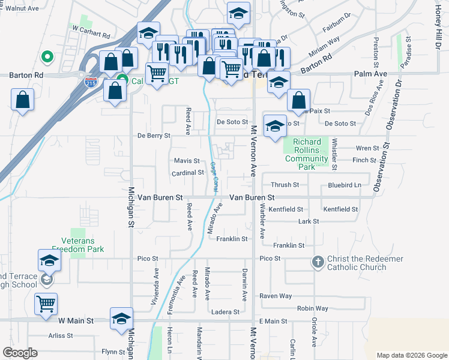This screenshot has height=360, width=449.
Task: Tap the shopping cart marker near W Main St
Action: pyautogui.click(x=46, y=304)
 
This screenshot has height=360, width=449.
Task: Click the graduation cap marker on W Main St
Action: pyautogui.click(x=121, y=319)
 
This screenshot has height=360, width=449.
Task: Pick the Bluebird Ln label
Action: pyautogui.click(x=345, y=185)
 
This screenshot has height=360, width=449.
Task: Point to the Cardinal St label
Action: pyautogui.click(x=188, y=173)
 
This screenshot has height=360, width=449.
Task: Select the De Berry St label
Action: pyautogui.click(x=154, y=136)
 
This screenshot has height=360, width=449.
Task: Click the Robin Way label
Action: pyautogui.click(x=313, y=308)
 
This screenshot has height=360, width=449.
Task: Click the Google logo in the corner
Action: pyautogui.click(x=20, y=352)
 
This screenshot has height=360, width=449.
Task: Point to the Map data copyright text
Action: pyautogui.click(x=412, y=355)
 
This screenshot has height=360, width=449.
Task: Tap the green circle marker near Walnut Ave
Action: pyautogui.click(x=47, y=58)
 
